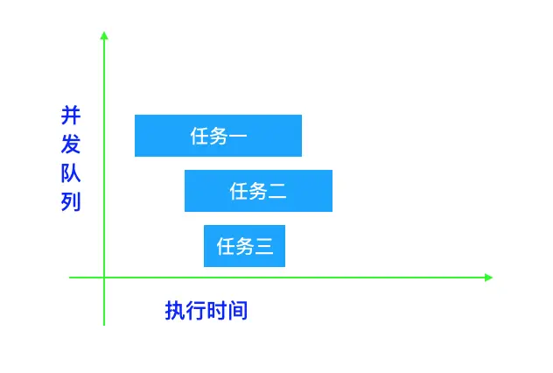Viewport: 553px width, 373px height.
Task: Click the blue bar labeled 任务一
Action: pyautogui.click(x=218, y=136)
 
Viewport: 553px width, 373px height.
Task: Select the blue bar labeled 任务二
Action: pyautogui.click(x=258, y=191)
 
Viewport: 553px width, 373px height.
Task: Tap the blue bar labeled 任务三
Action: pyautogui.click(x=244, y=246)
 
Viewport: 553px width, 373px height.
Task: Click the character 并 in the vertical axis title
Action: pyautogui.click(x=71, y=116)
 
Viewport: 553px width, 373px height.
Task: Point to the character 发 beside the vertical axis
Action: pyautogui.click(x=71, y=144)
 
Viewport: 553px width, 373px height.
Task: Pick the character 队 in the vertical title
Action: pyautogui.click(x=71, y=173)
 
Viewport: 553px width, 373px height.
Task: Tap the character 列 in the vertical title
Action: pyautogui.click(x=71, y=202)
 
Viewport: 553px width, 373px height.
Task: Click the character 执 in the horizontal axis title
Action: pyautogui.click(x=175, y=311)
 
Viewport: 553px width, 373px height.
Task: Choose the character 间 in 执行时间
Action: pyautogui.click(x=238, y=311)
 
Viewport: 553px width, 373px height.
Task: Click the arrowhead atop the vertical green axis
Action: pyautogui.click(x=104, y=35)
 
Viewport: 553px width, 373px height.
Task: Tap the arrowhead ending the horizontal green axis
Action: pyautogui.click(x=488, y=278)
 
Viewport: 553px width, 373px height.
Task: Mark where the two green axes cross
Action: pyautogui.click(x=104, y=278)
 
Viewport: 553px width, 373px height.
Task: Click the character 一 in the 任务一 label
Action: pyautogui.click(x=239, y=137)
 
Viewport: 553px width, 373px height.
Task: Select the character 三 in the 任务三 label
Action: pyautogui.click(x=265, y=247)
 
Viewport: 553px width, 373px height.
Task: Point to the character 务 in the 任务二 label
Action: pyautogui.click(x=258, y=192)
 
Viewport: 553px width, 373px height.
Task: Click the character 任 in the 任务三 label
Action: pyautogui.click(x=226, y=247)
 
